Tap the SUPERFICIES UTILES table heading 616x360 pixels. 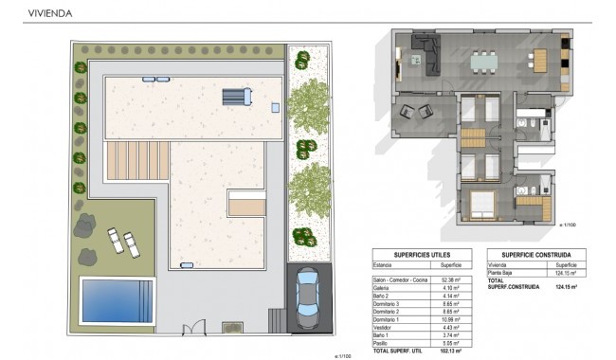(421, 255)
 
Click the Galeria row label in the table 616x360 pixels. (384, 289)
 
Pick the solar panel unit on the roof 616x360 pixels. (236, 98)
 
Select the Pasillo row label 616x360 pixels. (384, 343)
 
